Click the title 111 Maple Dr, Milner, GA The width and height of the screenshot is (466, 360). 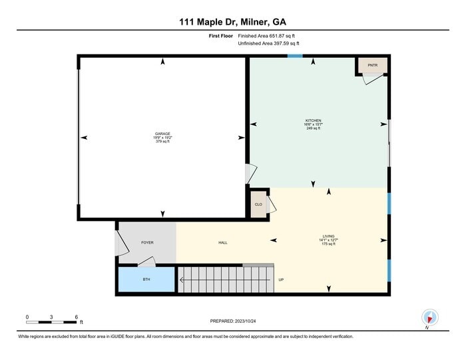[x=232, y=21]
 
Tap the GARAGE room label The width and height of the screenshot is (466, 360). [x=163, y=134]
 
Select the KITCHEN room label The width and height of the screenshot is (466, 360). [x=313, y=120]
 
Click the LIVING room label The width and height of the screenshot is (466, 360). [x=328, y=236]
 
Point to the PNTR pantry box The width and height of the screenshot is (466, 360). [x=372, y=65]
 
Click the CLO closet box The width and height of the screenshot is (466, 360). [x=258, y=204]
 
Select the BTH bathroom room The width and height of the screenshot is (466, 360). [x=146, y=279]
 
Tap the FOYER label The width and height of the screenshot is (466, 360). [x=147, y=242]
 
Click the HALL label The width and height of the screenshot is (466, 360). [x=223, y=242]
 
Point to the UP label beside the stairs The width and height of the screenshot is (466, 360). [x=281, y=279]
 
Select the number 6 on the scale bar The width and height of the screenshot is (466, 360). [x=76, y=316]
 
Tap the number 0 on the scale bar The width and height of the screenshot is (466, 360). [x=27, y=316]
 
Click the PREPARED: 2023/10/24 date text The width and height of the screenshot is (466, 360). [x=232, y=321]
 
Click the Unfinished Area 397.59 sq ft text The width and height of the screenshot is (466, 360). [x=268, y=43]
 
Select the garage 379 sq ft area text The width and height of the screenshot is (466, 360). [x=163, y=142]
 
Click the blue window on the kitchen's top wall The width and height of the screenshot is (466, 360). [x=295, y=56]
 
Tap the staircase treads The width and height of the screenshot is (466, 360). [x=225, y=279]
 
